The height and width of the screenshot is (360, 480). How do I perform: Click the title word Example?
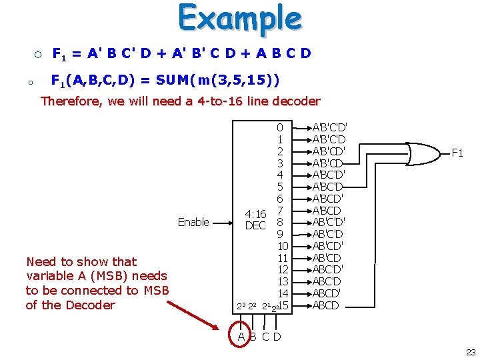click(239, 19)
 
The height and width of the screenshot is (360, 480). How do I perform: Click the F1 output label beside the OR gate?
click(457, 153)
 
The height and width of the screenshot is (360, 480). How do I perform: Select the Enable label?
click(193, 222)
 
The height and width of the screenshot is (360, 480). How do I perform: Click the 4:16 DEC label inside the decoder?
click(256, 219)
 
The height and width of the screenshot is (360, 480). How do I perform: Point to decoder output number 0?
click(280, 127)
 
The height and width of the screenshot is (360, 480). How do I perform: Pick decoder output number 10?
click(282, 247)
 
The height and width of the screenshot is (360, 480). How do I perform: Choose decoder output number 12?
click(283, 269)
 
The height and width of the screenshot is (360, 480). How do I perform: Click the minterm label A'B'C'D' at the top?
click(329, 127)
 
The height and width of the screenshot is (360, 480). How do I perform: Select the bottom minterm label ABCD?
click(326, 305)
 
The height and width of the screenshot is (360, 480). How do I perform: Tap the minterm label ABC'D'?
click(328, 269)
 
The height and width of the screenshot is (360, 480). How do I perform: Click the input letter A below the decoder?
click(242, 336)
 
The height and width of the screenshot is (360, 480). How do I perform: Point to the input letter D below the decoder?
click(277, 336)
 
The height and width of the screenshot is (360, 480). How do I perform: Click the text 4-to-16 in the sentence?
click(216, 101)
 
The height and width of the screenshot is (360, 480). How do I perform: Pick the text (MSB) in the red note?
click(117, 276)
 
